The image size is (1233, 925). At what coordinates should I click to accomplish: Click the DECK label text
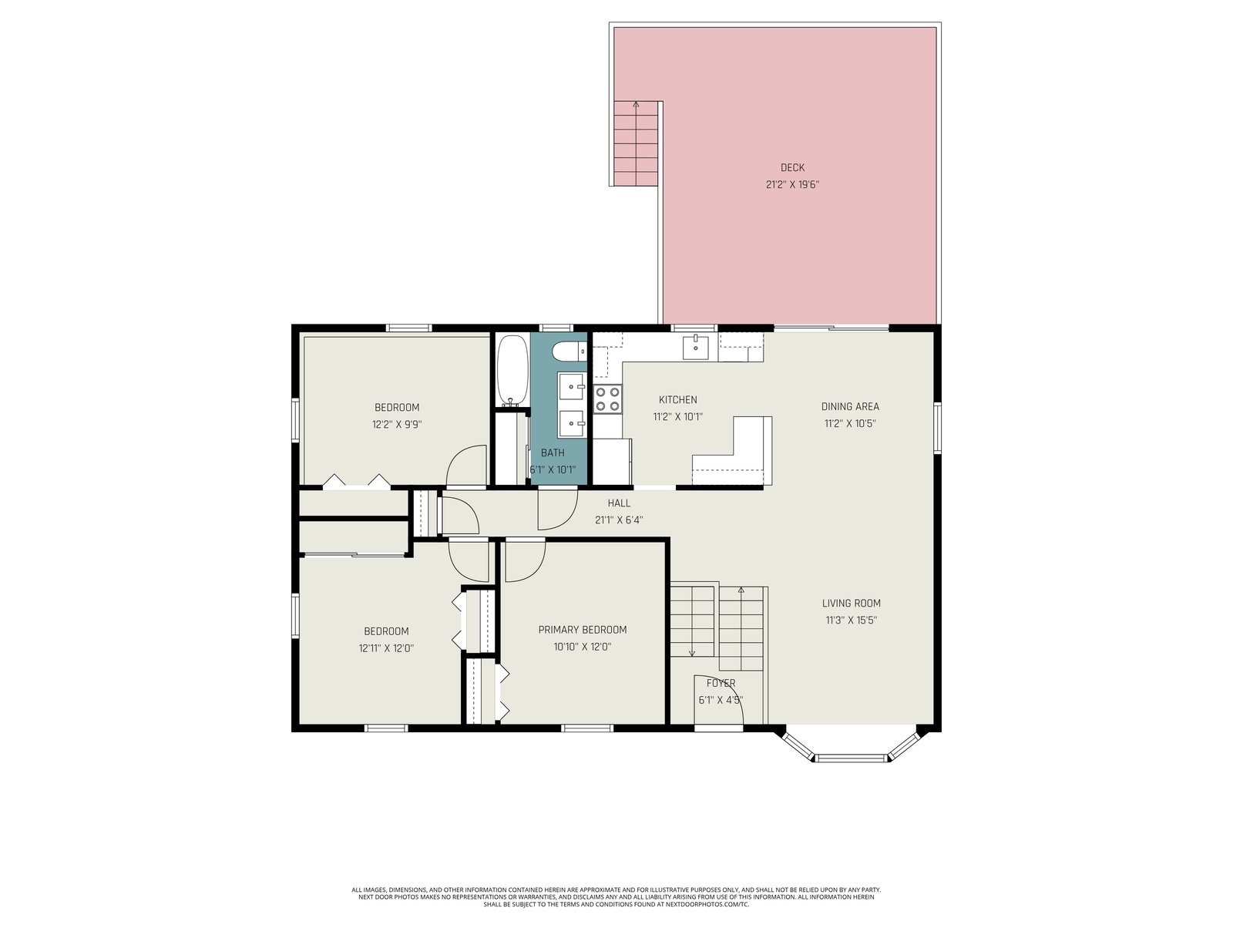point(792,167)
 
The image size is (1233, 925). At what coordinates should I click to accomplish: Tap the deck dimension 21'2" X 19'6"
point(792,184)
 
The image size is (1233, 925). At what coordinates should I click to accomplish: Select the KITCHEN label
point(677,400)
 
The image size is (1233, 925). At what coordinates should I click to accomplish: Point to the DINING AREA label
point(850,407)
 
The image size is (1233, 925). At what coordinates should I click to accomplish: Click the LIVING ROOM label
point(851,604)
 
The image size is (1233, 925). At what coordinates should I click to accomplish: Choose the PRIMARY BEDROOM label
point(582,630)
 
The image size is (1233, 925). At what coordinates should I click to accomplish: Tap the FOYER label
point(721,683)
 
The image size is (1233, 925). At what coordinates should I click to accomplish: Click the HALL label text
point(619,503)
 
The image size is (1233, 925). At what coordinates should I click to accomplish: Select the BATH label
point(553,452)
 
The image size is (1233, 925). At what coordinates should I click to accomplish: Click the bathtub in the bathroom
point(512,371)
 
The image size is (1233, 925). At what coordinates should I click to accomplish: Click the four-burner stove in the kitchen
point(608,399)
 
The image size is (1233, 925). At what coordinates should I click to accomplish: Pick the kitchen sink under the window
point(695,346)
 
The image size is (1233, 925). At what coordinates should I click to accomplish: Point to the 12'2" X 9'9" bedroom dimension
point(397,425)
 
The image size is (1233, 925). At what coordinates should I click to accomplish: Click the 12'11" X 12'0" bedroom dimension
point(386,648)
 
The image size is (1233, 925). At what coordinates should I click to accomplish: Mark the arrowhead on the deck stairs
point(636,104)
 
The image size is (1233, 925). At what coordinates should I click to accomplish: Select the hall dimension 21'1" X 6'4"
point(619,520)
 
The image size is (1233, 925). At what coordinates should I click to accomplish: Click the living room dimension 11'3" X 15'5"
point(851,620)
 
